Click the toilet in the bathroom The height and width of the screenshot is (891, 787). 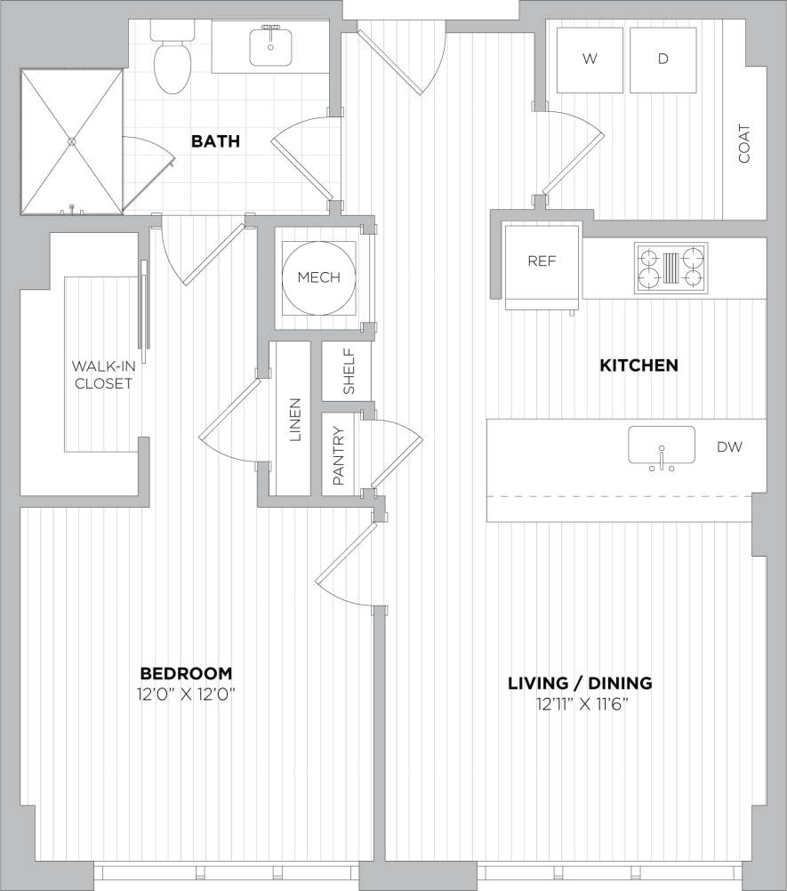click(x=173, y=65)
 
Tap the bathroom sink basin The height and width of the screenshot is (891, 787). click(x=270, y=46)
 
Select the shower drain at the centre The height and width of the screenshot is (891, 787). click(x=72, y=140)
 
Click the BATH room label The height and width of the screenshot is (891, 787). click(x=217, y=140)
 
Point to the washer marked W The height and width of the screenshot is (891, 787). click(x=589, y=60)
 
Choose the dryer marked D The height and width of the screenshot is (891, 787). click(x=663, y=60)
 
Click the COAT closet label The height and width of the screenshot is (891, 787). click(x=744, y=144)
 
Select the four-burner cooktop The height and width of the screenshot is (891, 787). click(x=671, y=268)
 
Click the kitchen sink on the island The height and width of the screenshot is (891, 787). click(x=662, y=445)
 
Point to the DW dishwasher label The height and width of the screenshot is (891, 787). click(x=729, y=447)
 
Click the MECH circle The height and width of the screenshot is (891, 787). click(x=318, y=277)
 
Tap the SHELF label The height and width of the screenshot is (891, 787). click(x=349, y=372)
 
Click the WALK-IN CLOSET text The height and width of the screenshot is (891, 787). click(x=101, y=374)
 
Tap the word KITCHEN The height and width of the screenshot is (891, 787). click(x=638, y=365)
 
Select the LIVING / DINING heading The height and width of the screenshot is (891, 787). click(x=580, y=683)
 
